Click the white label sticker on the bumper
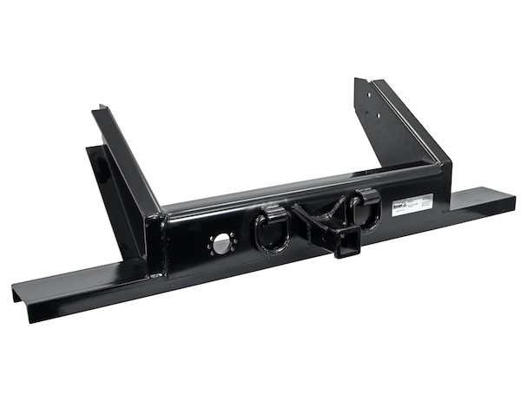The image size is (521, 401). point(412,205)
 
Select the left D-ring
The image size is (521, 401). point(270,231)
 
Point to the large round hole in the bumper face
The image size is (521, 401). point(223,242)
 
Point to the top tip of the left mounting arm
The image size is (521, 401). point(101,109)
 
